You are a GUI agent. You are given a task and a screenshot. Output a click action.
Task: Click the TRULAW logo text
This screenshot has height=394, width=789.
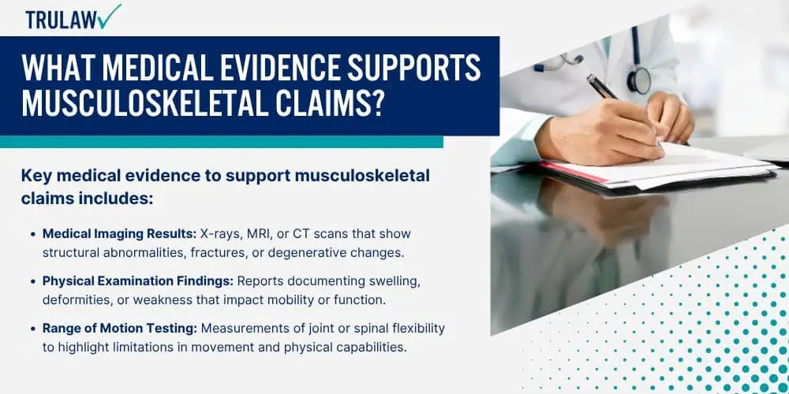[x=62, y=20]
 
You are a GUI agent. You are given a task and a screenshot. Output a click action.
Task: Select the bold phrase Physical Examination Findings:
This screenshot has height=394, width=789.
[x=138, y=281]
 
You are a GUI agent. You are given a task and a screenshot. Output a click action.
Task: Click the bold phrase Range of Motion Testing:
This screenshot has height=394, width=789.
[x=119, y=329]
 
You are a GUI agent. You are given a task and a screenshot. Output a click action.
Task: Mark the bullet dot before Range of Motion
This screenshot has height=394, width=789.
[x=34, y=329]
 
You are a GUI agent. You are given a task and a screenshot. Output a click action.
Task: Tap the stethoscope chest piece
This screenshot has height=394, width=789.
[x=640, y=81]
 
